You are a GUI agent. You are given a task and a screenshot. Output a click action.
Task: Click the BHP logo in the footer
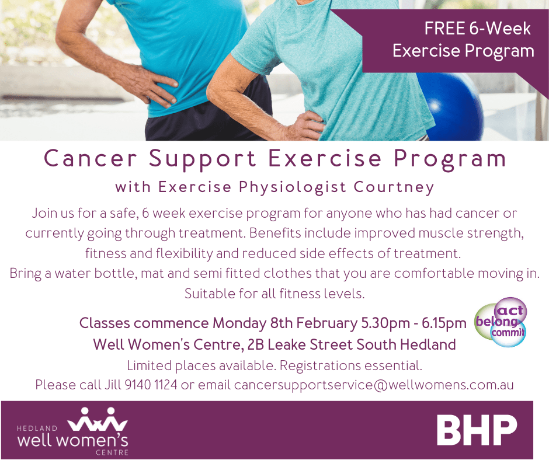477,430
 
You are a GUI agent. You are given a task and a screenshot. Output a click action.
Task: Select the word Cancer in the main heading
90,158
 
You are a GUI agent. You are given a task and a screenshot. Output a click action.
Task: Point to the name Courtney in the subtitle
394,187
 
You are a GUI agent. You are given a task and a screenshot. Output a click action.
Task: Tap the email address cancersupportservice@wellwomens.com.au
374,385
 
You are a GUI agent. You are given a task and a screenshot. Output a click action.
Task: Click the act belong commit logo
501,322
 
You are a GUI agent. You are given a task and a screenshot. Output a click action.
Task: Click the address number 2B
255,344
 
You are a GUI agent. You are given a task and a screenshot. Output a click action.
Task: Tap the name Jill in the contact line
112,385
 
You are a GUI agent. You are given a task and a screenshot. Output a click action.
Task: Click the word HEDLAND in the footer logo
37,428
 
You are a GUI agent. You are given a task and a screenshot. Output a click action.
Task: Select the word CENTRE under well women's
112,452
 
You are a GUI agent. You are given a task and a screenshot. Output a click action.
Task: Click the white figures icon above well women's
98,419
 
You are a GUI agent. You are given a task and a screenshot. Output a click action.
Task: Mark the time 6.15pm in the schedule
444,323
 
